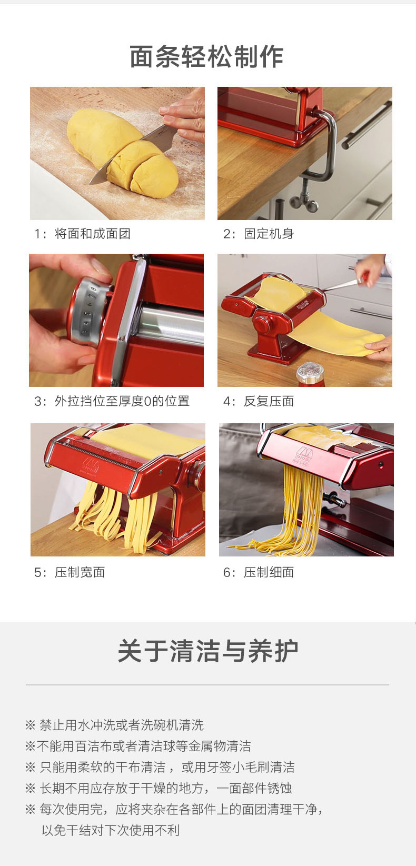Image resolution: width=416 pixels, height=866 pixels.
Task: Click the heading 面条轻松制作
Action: [207, 57]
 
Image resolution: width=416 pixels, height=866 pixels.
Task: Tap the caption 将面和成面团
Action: [93, 234]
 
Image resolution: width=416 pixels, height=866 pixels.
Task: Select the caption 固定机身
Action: [269, 234]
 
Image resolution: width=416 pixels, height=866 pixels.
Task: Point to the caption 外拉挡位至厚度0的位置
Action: [122, 401]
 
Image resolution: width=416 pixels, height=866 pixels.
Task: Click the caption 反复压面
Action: [269, 401]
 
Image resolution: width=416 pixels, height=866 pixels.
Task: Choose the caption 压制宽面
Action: [80, 572]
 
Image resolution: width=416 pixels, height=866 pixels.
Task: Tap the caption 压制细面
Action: [269, 572]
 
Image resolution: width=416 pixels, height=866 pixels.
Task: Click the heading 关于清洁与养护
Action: [207, 651]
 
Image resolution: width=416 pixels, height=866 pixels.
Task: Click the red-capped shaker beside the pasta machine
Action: [311, 374]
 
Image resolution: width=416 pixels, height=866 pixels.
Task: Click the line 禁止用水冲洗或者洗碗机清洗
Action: [114, 725]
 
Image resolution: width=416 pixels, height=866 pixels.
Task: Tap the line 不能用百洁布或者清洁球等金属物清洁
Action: [138, 746]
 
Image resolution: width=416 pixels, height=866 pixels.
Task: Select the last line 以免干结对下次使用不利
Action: [111, 830]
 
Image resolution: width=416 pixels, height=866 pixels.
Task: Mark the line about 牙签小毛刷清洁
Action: [160, 767]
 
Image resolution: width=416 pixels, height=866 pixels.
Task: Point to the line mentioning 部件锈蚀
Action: [159, 788]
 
